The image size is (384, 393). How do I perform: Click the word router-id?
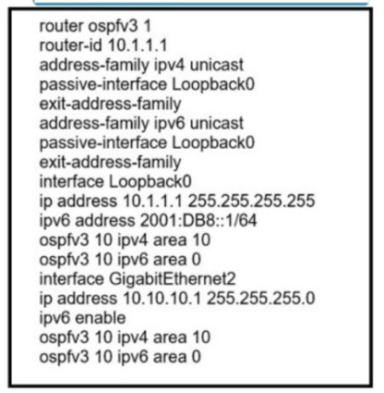point(70,45)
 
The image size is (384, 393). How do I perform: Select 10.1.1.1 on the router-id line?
point(138,45)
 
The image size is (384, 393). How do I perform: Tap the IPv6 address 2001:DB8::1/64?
point(198,220)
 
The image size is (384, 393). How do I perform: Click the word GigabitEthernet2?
point(173,279)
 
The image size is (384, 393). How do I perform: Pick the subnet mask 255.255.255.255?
point(251,201)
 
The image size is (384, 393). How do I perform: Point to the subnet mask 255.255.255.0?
point(261,299)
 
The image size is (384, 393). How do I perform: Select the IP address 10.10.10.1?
point(162,299)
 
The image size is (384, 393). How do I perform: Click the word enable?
point(101,318)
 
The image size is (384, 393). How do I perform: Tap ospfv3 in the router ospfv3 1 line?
point(114,26)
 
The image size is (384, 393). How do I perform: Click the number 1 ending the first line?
point(148,26)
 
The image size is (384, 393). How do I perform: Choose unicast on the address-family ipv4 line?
point(217,65)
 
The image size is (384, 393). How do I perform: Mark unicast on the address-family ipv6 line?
point(217,123)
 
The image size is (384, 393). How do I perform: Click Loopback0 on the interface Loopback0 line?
point(150,181)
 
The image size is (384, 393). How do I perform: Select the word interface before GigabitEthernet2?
point(71,279)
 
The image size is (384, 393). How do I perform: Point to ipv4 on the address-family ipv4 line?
point(169,66)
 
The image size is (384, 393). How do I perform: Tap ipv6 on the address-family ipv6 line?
point(169,124)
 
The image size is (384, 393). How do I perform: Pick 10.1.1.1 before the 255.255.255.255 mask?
point(152,201)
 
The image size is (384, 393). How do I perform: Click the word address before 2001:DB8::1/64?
point(105,220)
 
